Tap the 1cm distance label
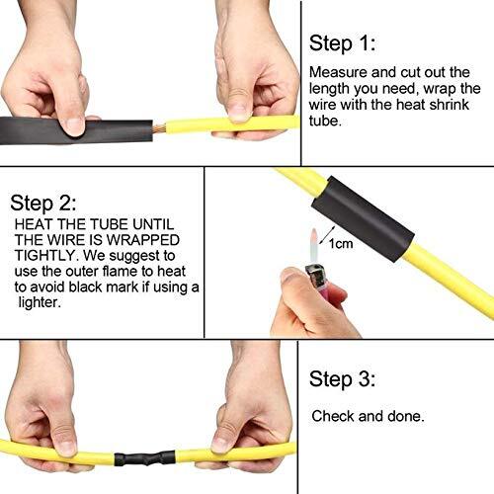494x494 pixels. (x=341, y=243)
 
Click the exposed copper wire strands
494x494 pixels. (x=150, y=127)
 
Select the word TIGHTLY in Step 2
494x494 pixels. (x=44, y=254)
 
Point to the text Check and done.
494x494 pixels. (x=368, y=416)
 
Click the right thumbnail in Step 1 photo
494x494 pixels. (x=236, y=111)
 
